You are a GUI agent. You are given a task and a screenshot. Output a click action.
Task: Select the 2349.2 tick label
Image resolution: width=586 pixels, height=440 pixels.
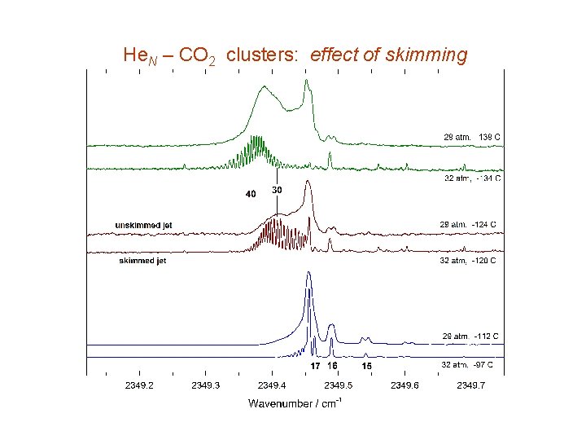[x=140, y=385]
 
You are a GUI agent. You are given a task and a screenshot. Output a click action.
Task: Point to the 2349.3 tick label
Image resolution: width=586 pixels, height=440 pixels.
[x=206, y=385]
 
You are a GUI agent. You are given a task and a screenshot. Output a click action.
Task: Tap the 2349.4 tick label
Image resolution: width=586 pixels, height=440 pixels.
[x=272, y=385]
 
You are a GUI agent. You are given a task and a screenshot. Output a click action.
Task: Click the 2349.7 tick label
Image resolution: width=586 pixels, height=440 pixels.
[x=471, y=385]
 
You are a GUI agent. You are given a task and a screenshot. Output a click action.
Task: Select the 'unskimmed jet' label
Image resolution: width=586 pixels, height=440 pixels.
[x=143, y=225]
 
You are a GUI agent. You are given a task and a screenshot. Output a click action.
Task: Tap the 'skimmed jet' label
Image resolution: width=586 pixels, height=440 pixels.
[x=142, y=261]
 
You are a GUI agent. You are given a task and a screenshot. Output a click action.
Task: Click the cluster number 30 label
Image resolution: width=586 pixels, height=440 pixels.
[x=277, y=190]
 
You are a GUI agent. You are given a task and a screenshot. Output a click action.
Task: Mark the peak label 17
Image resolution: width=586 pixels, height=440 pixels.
[x=315, y=367]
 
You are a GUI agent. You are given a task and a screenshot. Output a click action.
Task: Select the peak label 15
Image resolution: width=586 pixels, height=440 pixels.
[x=367, y=367]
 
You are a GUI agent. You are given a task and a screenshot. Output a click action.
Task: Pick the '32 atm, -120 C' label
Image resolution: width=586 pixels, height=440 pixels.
[x=468, y=261]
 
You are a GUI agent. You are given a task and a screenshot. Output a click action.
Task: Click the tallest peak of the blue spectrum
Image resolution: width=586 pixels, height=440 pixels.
[x=308, y=274]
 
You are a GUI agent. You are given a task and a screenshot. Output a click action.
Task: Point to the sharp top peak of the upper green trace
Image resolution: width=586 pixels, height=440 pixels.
[x=306, y=80]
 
